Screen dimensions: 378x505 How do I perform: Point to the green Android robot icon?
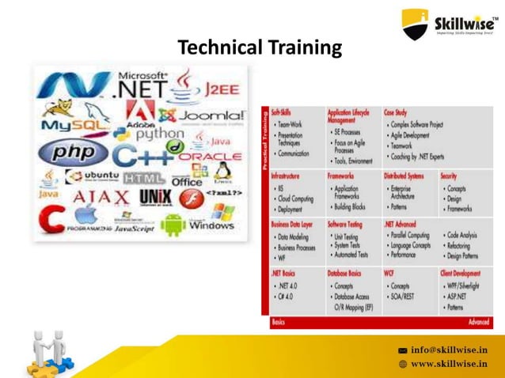(173, 224)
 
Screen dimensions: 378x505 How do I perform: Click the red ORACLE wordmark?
(210, 157)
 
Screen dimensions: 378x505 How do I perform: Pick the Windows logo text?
(211, 225)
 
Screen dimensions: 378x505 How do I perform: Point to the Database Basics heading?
(344, 273)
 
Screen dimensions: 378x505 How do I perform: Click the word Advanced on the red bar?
(477, 323)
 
